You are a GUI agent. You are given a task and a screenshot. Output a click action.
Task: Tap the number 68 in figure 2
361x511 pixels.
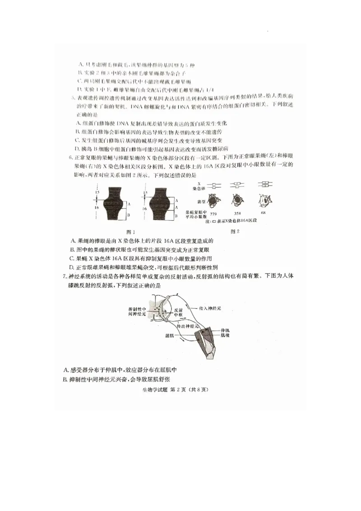(x=263, y=213)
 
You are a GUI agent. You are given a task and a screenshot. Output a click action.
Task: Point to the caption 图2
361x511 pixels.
(x=235, y=232)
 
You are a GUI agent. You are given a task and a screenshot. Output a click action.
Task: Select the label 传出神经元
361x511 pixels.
(x=188, y=326)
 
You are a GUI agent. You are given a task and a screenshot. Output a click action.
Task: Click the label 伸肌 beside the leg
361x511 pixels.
(x=225, y=331)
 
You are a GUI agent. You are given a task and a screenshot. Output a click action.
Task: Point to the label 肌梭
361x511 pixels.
(x=225, y=336)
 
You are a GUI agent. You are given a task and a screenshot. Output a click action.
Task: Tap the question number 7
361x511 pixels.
(x=65, y=276)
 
